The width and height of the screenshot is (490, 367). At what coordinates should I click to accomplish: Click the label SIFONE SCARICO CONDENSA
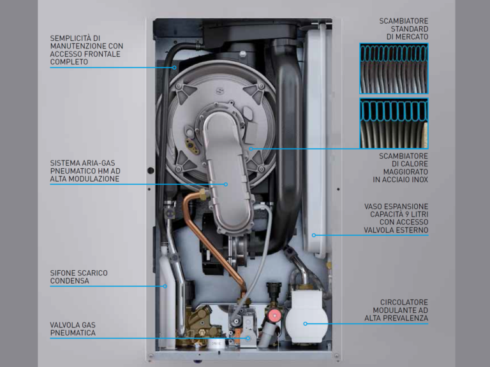click(78, 277)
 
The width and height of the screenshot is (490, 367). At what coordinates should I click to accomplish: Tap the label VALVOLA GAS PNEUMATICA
click(73, 329)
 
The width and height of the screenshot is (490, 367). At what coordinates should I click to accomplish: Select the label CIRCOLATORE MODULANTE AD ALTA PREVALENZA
click(396, 310)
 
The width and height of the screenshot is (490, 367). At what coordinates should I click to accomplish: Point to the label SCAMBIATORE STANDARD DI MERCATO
click(403, 29)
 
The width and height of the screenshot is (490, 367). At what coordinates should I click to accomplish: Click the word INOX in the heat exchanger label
click(419, 180)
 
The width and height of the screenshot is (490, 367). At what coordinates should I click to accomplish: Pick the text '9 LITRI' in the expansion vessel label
click(415, 214)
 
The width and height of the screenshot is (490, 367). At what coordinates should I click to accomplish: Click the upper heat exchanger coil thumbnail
click(394, 68)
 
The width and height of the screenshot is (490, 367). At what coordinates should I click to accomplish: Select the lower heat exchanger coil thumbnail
click(394, 123)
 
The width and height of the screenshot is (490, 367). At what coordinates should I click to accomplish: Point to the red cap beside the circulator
click(274, 316)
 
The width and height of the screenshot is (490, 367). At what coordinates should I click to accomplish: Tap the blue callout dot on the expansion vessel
click(314, 235)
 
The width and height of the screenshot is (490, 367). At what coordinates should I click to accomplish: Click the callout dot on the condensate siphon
click(165, 286)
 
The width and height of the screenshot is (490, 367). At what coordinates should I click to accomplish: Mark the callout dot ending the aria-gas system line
click(226, 184)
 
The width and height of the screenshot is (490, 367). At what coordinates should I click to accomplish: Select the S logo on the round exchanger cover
click(220, 92)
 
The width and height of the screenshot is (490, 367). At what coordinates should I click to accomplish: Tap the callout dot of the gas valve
click(248, 338)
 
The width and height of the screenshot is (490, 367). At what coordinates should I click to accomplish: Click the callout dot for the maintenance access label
click(174, 68)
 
